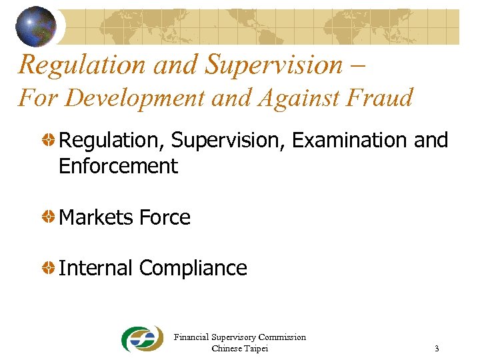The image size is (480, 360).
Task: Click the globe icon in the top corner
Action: [36, 26]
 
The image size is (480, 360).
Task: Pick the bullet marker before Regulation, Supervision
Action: [49, 141]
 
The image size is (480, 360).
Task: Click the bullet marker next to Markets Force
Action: [49, 217]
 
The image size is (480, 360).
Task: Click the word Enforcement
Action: [118, 166]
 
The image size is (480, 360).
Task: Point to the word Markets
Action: [97, 217]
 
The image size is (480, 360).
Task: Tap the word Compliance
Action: [193, 268]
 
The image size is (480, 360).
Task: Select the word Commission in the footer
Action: [282, 337]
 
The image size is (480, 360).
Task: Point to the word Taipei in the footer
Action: [255, 349]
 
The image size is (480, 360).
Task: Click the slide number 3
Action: [436, 349]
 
